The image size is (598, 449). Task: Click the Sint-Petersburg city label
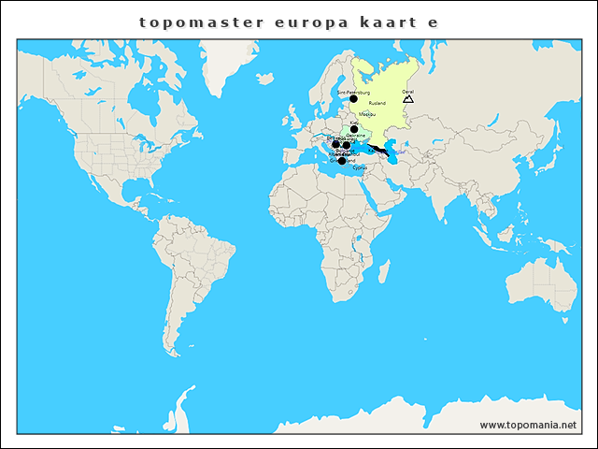pos(353,93)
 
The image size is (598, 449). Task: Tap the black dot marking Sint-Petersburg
pos(353,99)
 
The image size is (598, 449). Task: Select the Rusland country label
pos(377,103)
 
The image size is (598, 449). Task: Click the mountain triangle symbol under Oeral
pos(407,98)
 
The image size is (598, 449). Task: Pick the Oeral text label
pos(407,92)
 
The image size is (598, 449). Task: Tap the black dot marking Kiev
pos(354,129)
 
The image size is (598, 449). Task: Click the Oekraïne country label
pos(355,136)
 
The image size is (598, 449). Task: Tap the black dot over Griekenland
pos(342,161)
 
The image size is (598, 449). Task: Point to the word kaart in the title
pos(387,21)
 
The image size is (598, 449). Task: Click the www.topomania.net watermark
pos(529,426)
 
